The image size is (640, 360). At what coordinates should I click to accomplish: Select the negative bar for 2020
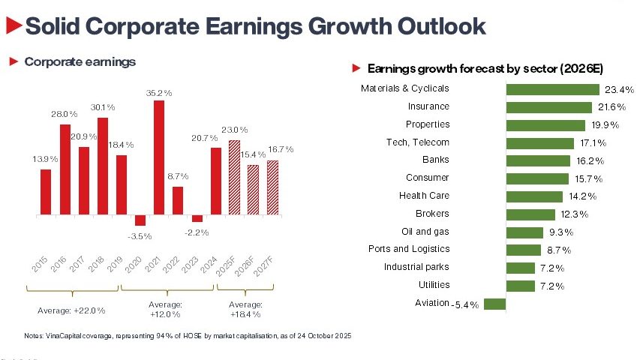click(x=140, y=220)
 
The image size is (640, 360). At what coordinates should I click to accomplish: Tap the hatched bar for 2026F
click(x=253, y=190)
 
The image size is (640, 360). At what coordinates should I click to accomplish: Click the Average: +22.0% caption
click(x=71, y=310)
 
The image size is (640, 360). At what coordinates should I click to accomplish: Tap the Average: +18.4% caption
click(x=245, y=308)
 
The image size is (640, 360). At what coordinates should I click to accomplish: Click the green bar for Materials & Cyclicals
click(x=553, y=88)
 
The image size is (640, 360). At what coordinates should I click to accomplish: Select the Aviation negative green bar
click(x=495, y=304)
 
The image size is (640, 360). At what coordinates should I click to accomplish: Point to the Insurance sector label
click(x=428, y=106)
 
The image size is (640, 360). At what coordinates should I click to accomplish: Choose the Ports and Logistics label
click(x=409, y=249)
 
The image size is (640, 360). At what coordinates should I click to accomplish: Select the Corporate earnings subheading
click(x=80, y=61)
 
